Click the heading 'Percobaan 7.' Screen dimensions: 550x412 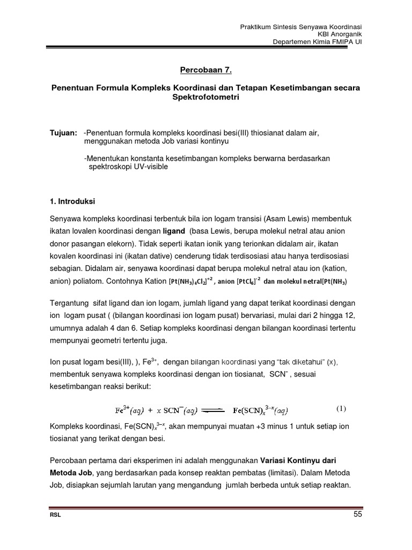(206, 69)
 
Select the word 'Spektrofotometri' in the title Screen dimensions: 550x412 (206, 98)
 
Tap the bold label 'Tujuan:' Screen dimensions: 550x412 (64, 132)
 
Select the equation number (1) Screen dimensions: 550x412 (341, 408)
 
